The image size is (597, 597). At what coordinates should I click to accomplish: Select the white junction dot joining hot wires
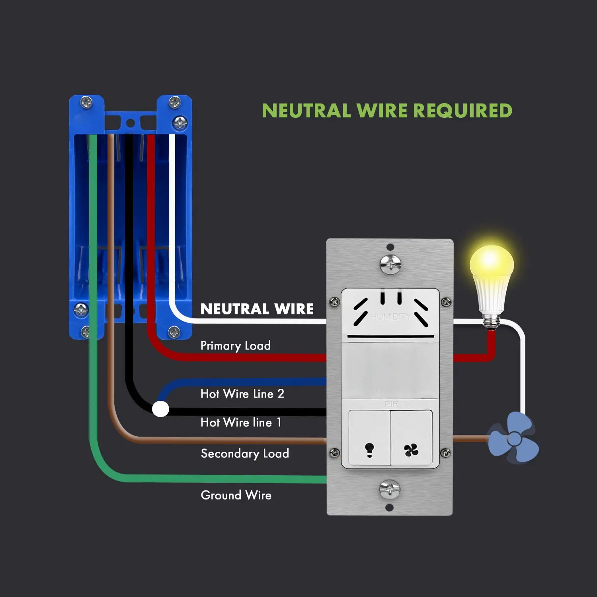tap(161, 409)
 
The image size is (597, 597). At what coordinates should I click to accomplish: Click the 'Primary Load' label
tap(235, 345)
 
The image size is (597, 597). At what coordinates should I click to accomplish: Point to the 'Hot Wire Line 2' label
tap(242, 394)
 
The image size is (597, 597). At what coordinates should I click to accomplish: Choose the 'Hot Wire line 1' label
tap(241, 422)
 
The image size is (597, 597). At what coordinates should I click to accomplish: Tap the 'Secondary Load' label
tap(245, 453)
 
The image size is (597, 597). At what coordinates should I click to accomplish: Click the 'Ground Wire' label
tap(236, 495)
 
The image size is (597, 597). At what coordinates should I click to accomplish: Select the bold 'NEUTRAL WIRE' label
tap(257, 309)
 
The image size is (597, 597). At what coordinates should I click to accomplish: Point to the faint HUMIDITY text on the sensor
tap(390, 317)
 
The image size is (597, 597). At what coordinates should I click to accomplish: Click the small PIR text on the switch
tap(391, 404)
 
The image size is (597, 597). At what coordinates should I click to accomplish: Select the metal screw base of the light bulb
tap(492, 320)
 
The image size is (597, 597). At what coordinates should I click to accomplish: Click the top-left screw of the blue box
tap(86, 103)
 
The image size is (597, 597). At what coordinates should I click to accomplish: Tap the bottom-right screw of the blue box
tap(174, 332)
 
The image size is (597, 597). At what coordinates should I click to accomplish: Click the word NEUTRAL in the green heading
tap(306, 111)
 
